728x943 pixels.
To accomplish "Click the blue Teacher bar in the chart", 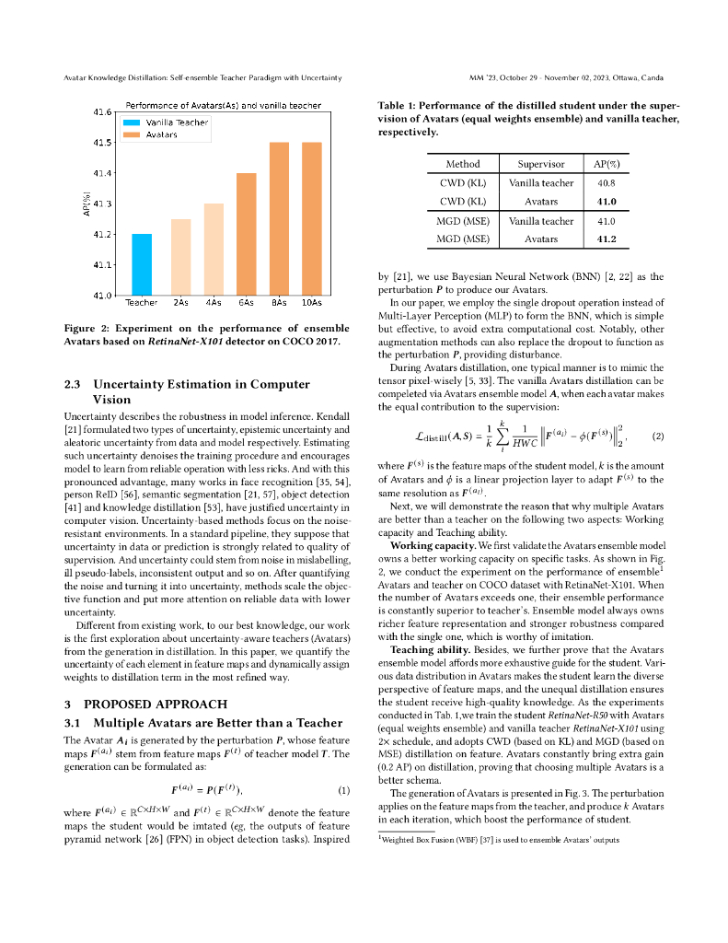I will [141, 264].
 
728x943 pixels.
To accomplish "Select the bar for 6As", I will [247, 234].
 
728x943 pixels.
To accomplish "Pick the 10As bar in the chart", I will [311, 219].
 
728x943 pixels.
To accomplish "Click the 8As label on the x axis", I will [279, 302].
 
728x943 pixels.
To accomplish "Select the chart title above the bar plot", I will [223, 106].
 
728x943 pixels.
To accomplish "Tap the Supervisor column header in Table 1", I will [541, 164].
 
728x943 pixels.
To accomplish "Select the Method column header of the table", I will [463, 164].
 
